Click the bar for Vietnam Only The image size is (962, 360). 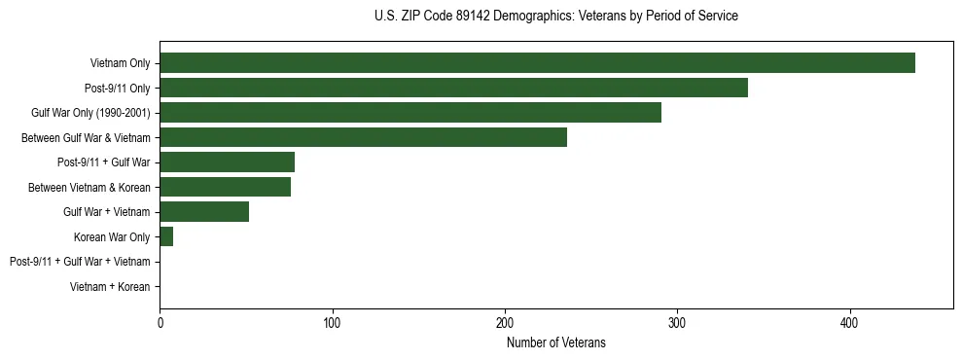tap(537, 63)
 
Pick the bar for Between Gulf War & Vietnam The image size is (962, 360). tap(363, 138)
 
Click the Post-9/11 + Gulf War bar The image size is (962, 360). tap(227, 162)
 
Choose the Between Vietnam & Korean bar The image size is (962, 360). tap(225, 188)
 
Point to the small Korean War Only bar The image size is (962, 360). tap(166, 237)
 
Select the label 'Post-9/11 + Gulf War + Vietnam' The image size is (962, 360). tap(80, 262)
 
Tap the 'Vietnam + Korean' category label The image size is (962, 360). tap(110, 287)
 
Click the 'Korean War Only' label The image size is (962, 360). tap(112, 237)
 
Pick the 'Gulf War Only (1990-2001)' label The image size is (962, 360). tap(90, 113)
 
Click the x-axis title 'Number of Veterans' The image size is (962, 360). tap(555, 342)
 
